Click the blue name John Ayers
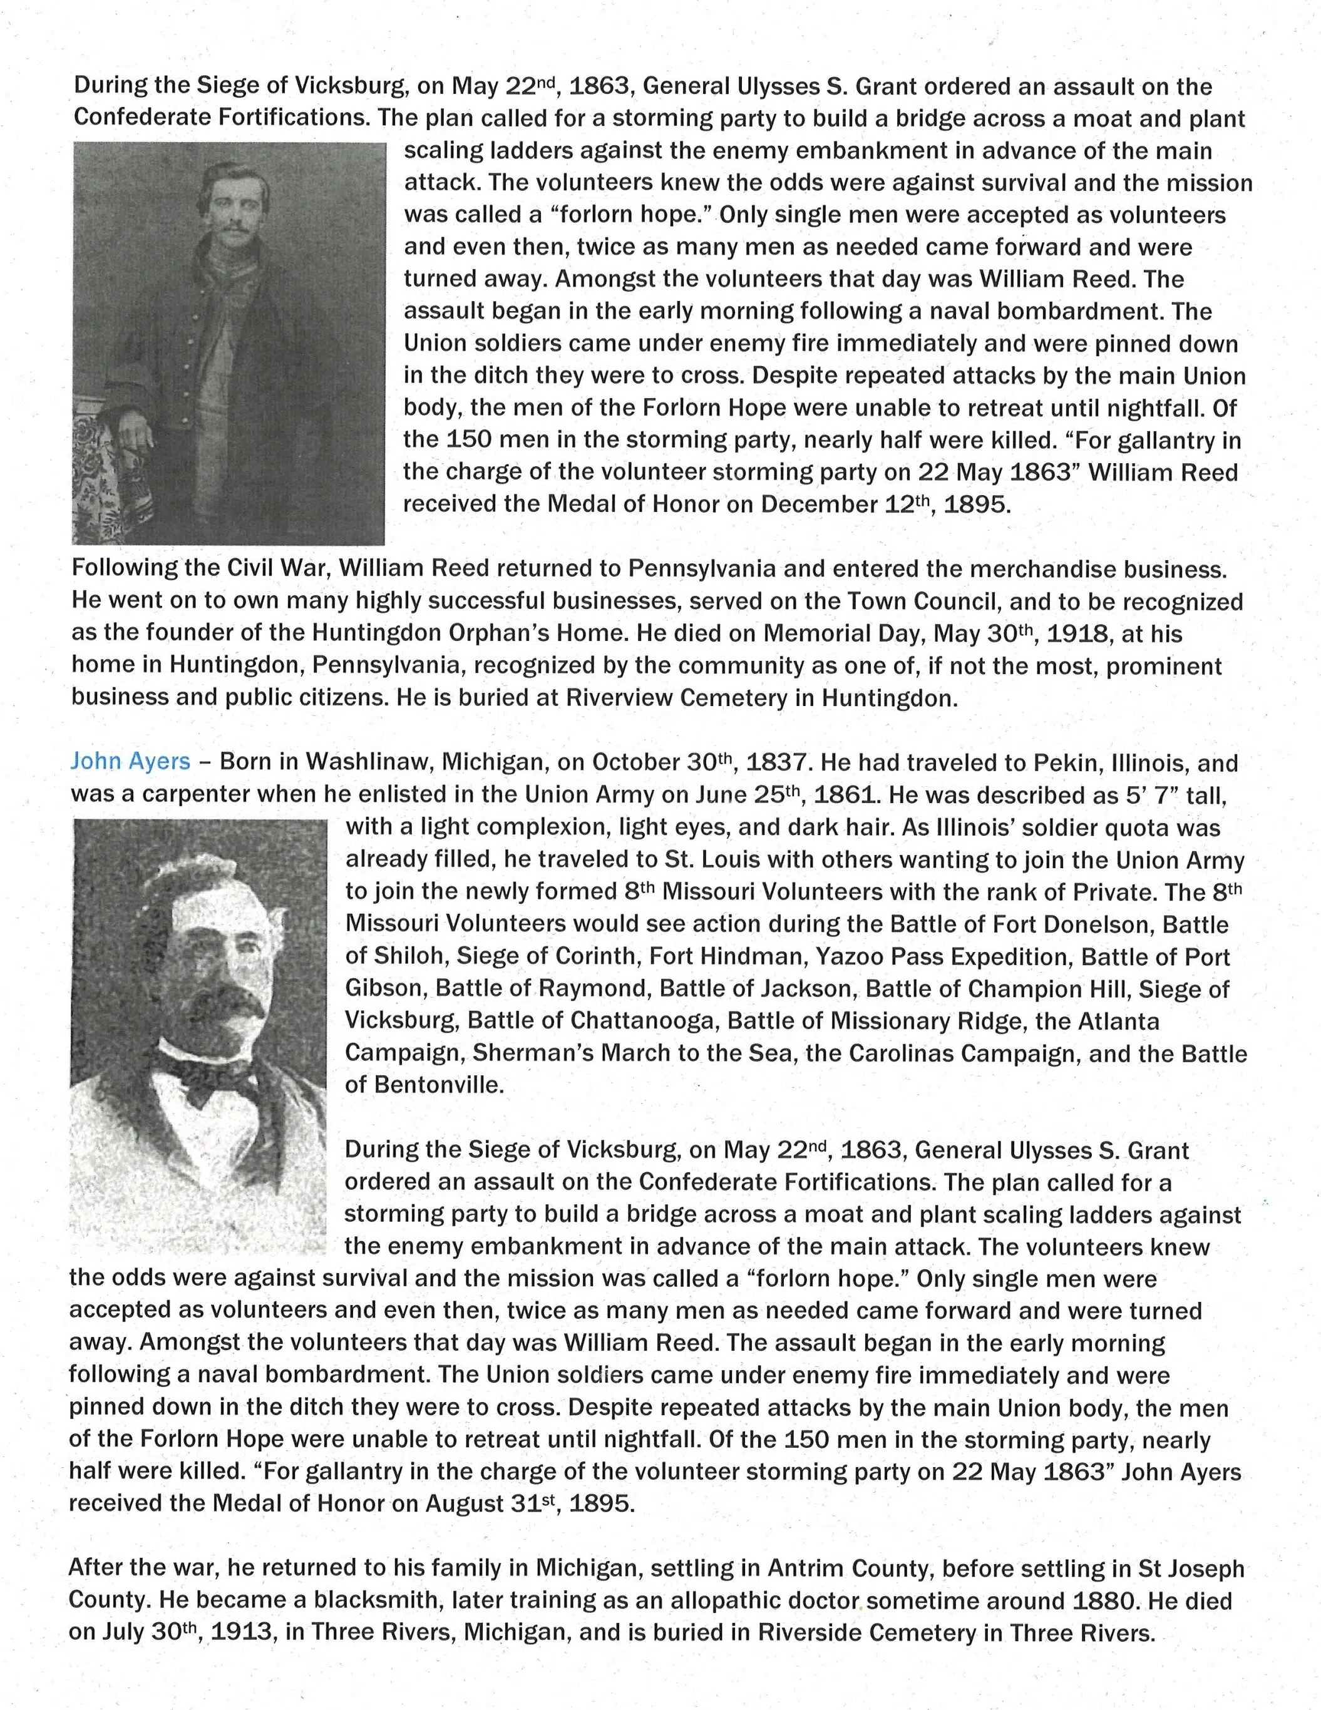pos(130,761)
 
